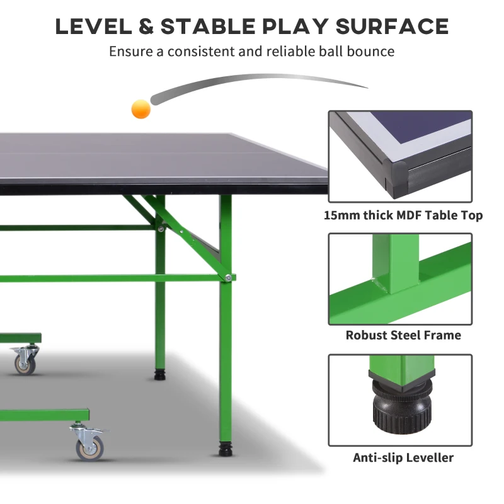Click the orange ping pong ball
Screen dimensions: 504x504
[140, 109]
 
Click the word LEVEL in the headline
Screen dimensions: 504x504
[93, 26]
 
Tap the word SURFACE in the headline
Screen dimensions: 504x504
[392, 26]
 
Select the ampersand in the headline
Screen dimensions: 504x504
[146, 26]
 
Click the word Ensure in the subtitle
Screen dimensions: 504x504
[131, 52]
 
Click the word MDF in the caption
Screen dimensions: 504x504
[408, 215]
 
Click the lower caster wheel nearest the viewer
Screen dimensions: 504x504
[90, 448]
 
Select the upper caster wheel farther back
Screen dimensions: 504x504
[25, 365]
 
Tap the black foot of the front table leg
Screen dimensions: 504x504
[226, 449]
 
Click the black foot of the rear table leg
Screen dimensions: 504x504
[160, 375]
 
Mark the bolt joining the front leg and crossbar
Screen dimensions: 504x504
[228, 277]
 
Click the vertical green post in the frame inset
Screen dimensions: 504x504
[396, 264]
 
